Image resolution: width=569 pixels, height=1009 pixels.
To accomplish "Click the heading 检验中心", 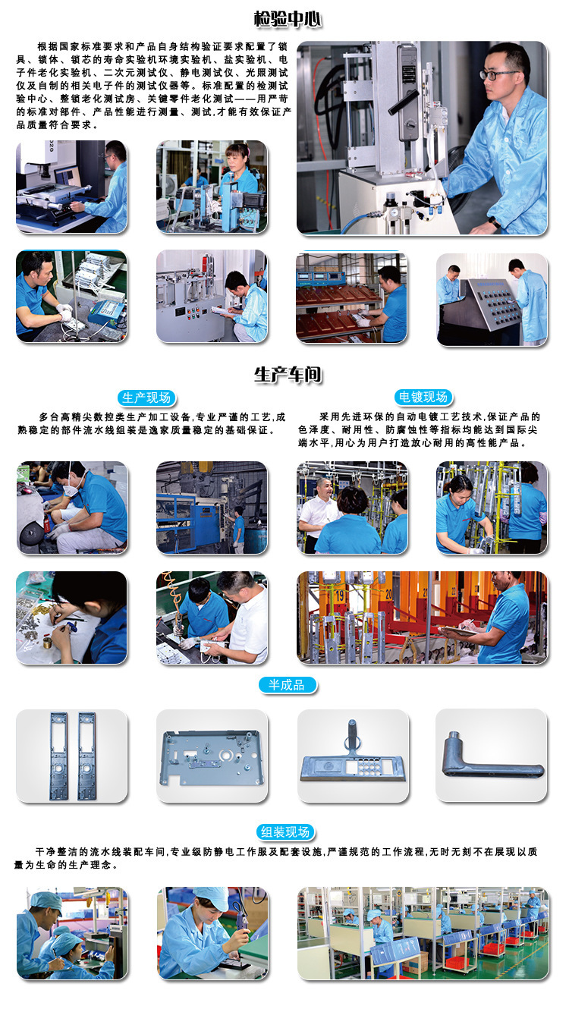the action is coord(288,20).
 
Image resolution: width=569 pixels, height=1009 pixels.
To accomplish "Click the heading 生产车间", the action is coord(288,375).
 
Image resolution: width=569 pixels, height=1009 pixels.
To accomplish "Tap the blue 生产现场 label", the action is coord(146,398).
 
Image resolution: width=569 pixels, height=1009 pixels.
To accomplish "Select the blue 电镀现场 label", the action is coord(423,397).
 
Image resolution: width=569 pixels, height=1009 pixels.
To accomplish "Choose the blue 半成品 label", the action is coord(287,685).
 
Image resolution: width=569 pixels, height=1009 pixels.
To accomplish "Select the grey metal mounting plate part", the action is coord(212,757).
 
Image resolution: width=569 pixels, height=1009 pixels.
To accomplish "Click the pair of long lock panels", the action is coord(73,756).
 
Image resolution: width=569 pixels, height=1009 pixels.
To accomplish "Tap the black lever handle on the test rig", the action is coord(404,102).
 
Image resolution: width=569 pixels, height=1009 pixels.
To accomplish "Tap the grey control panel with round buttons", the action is coord(492,300).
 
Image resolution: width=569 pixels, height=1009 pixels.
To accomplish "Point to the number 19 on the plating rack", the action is coord(340,596).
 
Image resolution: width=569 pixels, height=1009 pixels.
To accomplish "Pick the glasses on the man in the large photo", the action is coord(498,74).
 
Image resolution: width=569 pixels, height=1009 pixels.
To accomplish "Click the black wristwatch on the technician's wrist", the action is coord(495,222).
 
